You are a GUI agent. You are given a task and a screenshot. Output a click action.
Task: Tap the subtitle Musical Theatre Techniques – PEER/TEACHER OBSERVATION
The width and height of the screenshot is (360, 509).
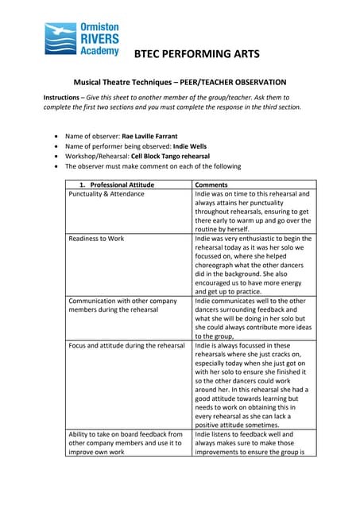[180, 82]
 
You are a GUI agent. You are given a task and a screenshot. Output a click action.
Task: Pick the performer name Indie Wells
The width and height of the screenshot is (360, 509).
[188, 147]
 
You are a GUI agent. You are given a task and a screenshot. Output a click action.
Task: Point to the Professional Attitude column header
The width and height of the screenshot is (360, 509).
[128, 185]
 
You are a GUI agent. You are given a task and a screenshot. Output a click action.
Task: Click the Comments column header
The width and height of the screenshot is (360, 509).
[212, 185]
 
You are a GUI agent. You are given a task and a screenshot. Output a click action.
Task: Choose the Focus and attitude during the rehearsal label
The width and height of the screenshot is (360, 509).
[126, 345]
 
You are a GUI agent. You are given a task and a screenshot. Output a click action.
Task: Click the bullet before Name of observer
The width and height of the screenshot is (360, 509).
[54, 137]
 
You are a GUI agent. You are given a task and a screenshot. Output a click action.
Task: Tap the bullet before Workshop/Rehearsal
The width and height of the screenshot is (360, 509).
[54, 157]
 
